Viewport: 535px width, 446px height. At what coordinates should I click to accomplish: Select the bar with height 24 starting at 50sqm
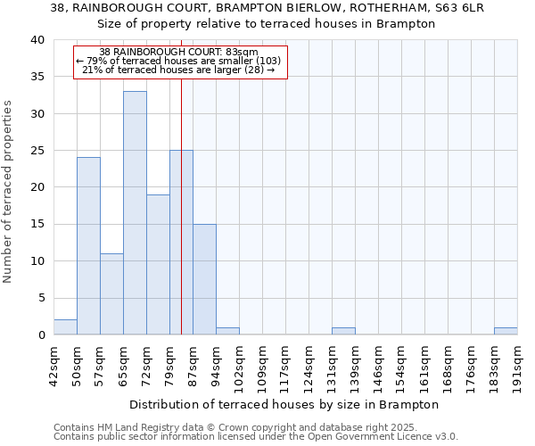click(x=88, y=245)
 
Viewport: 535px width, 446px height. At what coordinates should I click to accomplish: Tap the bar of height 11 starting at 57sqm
click(x=111, y=293)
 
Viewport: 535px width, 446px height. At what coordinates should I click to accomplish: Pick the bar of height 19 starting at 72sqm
click(x=158, y=264)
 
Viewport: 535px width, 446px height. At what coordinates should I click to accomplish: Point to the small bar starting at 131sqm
click(x=343, y=331)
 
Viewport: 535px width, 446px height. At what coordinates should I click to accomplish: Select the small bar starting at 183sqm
click(x=506, y=331)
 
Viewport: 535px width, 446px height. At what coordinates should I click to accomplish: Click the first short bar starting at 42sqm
click(x=65, y=327)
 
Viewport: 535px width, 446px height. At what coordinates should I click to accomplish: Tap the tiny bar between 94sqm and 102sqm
click(x=227, y=331)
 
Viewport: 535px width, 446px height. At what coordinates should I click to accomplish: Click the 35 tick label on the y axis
click(x=37, y=78)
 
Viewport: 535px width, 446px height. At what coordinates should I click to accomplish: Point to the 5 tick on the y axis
click(x=40, y=298)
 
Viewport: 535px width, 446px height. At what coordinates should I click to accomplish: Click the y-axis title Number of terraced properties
click(x=9, y=191)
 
